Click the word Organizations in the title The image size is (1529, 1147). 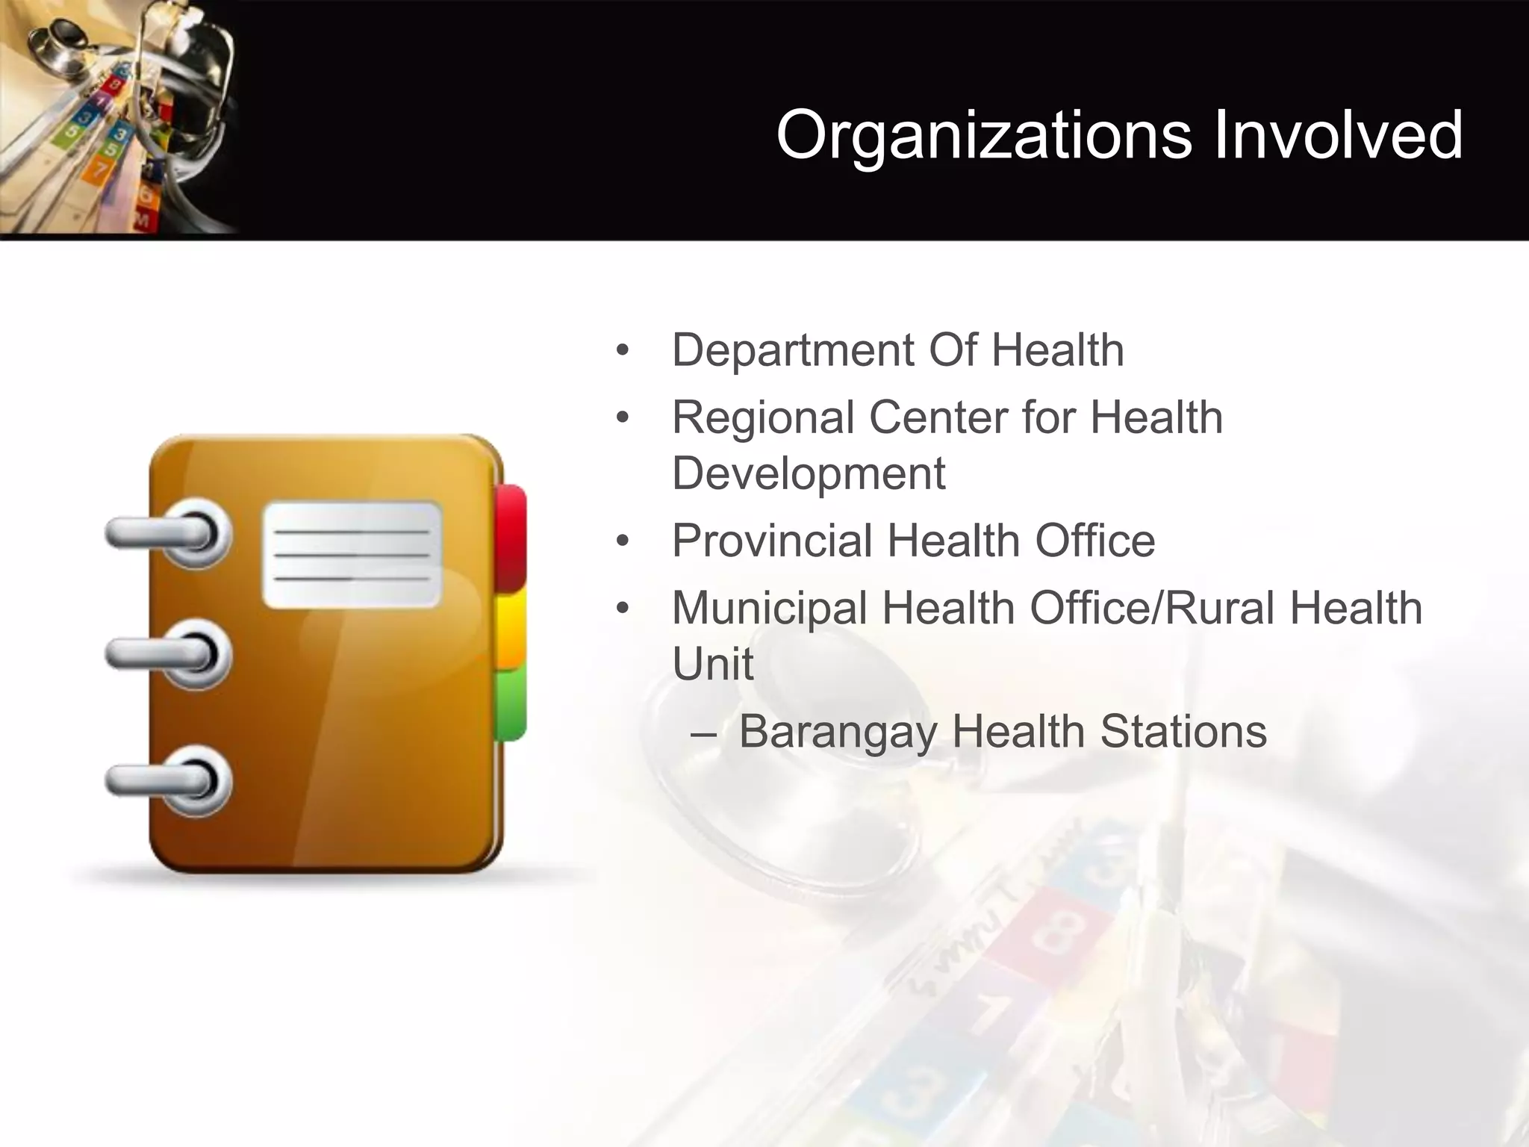pyautogui.click(x=985, y=136)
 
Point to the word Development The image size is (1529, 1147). pyautogui.click(x=809, y=474)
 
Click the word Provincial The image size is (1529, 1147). pyautogui.click(x=772, y=541)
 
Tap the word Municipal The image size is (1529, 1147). pyautogui.click(x=769, y=609)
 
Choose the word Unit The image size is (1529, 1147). pyautogui.click(x=712, y=664)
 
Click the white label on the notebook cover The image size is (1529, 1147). pyautogui.click(x=352, y=554)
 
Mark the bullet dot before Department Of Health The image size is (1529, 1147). pyautogui.click(x=623, y=351)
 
